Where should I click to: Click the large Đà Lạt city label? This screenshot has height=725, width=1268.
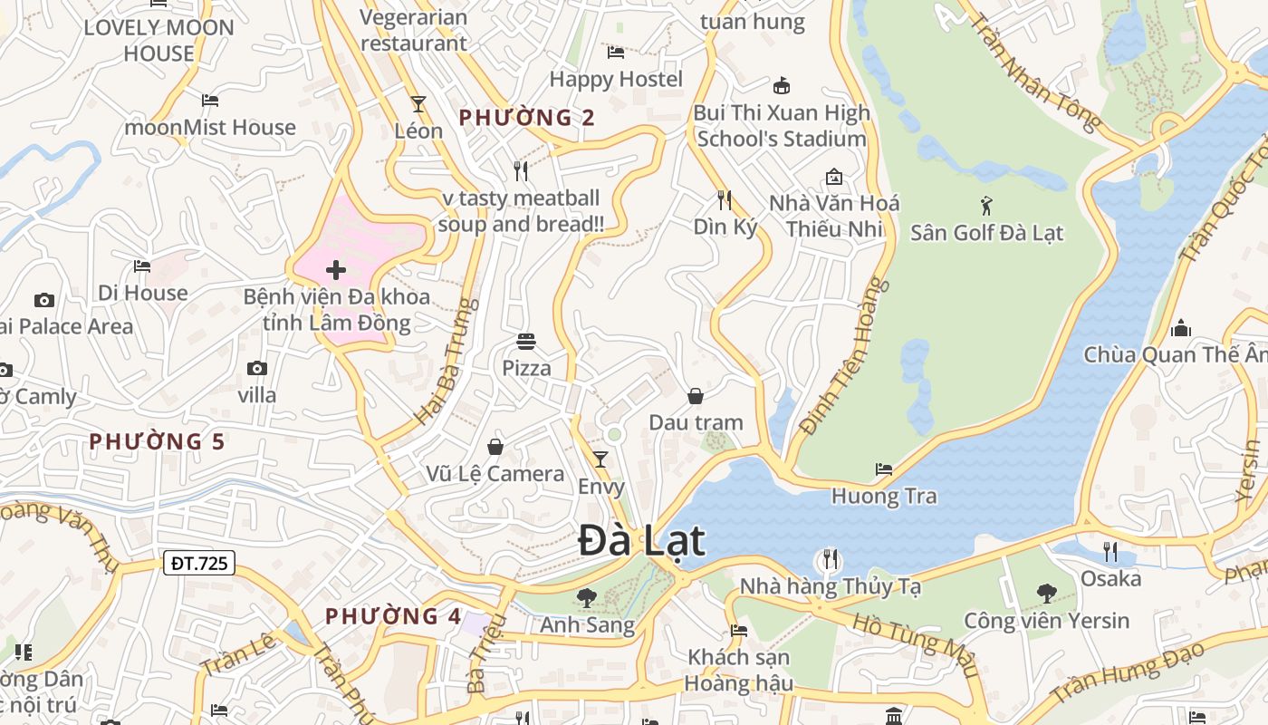click(641, 541)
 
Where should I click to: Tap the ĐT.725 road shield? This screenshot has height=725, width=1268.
click(200, 563)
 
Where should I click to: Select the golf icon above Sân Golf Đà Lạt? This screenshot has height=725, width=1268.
click(986, 206)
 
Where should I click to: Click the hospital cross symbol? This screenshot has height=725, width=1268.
click(336, 269)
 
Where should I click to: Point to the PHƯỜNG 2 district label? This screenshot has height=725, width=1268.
click(527, 118)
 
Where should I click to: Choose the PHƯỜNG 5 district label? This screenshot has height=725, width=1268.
click(157, 441)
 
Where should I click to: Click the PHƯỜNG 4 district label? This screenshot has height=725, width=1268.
click(394, 616)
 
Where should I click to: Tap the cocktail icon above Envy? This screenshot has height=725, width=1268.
click(600, 459)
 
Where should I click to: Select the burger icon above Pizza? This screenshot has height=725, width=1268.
click(526, 342)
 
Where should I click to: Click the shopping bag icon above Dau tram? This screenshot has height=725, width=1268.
click(696, 396)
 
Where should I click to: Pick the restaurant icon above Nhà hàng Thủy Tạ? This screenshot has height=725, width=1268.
click(830, 559)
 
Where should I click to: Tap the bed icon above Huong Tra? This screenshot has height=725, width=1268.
click(884, 469)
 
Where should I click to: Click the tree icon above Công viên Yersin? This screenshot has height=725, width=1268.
click(1046, 594)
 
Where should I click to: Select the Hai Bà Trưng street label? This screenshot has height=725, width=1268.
click(447, 361)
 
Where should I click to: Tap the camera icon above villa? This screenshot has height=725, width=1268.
click(257, 368)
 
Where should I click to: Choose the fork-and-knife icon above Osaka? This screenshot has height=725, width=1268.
click(1110, 551)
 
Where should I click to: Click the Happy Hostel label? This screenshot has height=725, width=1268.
click(616, 79)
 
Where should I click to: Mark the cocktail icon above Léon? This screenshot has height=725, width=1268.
click(418, 104)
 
